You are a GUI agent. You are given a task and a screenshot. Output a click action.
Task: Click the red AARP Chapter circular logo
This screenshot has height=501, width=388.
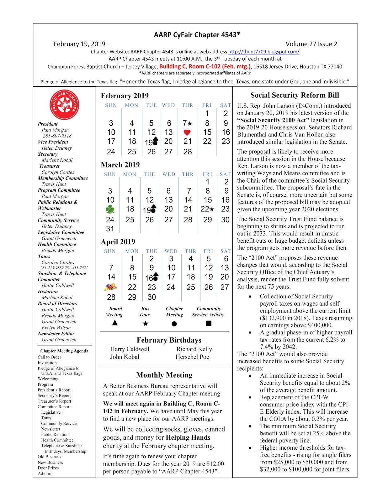[64, 105]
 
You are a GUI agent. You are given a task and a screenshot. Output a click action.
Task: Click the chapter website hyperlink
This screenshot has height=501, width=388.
[263, 52]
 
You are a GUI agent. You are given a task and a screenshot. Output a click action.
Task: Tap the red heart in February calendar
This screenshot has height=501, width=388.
[187, 132]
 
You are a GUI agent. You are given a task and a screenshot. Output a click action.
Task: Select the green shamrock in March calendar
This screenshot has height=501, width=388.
[110, 209]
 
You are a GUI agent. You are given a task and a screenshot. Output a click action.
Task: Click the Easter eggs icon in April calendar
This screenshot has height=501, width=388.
[111, 287]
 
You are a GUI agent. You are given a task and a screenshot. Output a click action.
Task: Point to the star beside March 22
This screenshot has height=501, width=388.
[212, 209]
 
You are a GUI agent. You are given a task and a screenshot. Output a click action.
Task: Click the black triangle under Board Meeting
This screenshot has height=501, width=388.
[115, 323]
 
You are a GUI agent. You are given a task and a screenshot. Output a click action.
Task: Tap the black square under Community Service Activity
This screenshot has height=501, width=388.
[209, 323]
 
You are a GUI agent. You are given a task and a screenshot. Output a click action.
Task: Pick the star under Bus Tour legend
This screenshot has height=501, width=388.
[145, 323]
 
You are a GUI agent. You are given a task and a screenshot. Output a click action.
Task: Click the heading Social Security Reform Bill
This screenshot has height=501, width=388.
[295, 95]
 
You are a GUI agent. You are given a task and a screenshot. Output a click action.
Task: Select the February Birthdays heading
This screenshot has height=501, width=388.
[169, 340]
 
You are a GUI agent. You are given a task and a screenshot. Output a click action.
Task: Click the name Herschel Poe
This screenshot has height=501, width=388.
[192, 357]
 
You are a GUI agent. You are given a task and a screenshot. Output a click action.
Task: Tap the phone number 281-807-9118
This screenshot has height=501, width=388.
[57, 136]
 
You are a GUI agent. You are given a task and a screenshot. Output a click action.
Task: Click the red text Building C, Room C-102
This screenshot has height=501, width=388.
[205, 66]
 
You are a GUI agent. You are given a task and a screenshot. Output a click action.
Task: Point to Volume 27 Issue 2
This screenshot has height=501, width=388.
[311, 44]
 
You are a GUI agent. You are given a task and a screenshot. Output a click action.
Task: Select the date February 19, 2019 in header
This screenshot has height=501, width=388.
[79, 44]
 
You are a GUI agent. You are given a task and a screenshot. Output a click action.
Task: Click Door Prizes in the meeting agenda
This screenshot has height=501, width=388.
[48, 468]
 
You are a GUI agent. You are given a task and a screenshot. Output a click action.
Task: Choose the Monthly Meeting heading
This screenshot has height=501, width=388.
[164, 375]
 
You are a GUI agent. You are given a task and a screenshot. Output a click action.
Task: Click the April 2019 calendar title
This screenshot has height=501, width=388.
[118, 242]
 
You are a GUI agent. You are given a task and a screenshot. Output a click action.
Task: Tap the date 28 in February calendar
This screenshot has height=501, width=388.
[188, 152]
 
